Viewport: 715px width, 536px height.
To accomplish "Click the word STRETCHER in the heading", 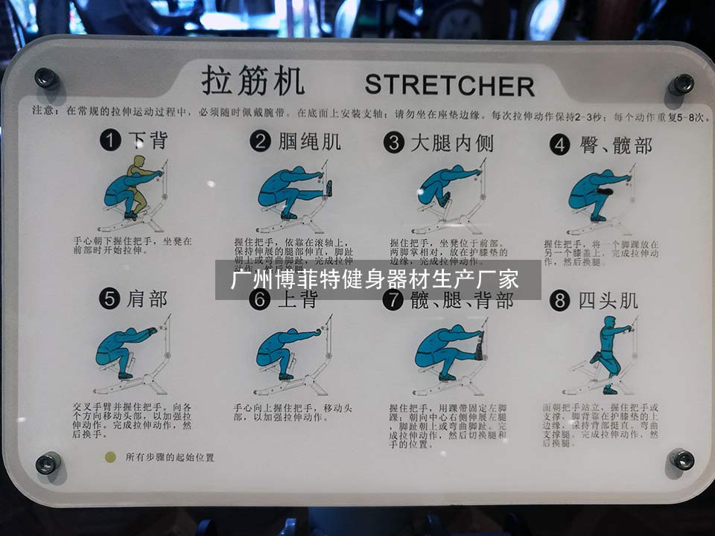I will [x=449, y=85].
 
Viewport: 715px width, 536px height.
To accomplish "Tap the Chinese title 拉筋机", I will [x=252, y=81].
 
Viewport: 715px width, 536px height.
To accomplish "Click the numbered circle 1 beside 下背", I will [x=111, y=141].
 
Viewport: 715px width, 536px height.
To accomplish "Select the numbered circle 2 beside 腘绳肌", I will [x=260, y=141].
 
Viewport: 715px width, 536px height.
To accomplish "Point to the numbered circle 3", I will [x=393, y=142].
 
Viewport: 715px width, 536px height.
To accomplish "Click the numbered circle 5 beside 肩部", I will [x=110, y=299].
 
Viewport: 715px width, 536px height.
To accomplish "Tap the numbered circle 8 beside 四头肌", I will [x=560, y=301].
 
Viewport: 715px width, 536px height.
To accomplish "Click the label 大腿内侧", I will [x=452, y=142].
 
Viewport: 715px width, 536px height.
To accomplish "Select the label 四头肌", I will [x=608, y=301].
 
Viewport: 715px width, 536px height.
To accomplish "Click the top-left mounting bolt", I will [x=45, y=77].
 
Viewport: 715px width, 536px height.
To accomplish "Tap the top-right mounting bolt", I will [x=681, y=83].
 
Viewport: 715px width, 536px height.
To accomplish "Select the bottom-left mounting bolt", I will [x=48, y=462].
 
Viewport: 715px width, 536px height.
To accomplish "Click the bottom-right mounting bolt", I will [x=681, y=459].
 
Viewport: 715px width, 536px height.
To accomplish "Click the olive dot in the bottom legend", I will [x=110, y=457].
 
